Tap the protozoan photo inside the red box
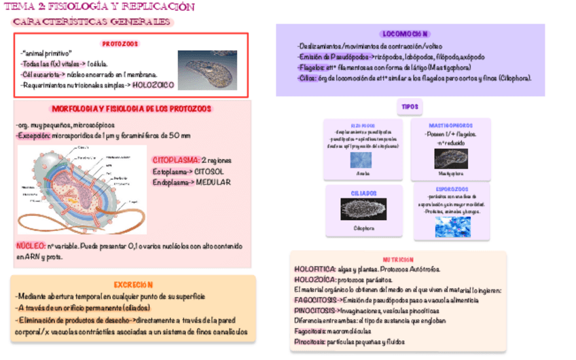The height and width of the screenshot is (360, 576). coord(207,70)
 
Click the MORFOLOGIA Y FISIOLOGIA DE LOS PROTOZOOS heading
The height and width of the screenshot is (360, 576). coord(131,109)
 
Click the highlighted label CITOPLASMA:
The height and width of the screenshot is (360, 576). coord(175,160)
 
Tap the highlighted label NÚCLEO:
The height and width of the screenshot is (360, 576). coord(31,246)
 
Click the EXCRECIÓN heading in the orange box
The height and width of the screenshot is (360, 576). coord(133,285)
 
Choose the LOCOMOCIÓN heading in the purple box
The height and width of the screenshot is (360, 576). coord(406,34)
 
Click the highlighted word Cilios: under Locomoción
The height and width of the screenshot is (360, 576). coord(306,78)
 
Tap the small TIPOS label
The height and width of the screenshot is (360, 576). coord(410,107)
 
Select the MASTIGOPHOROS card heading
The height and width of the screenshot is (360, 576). coord(451,126)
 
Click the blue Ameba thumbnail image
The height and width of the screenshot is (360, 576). coord(361,160)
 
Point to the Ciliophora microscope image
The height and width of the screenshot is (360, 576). coord(363,209)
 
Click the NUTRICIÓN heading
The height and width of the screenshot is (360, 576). coord(397,260)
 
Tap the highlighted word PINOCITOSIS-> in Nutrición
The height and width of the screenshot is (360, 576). coord(316,310)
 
